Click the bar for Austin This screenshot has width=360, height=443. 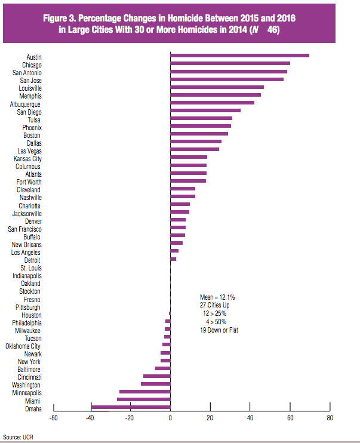(x=239, y=56)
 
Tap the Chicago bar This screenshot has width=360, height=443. (x=230, y=63)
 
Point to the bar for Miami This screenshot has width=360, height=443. (x=143, y=399)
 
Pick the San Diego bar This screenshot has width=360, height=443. (x=205, y=110)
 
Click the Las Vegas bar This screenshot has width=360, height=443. (x=195, y=149)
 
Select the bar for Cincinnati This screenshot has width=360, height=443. (x=156, y=376)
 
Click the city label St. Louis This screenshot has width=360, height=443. (x=31, y=268)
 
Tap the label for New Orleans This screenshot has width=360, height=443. (x=27, y=245)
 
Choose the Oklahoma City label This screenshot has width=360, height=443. (x=23, y=346)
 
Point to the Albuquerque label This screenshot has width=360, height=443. (x=25, y=104)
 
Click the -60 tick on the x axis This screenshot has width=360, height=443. (x=53, y=418)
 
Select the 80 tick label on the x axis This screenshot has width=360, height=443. (x=330, y=418)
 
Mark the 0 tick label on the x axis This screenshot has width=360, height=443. (x=170, y=418)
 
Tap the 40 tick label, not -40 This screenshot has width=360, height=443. (x=250, y=418)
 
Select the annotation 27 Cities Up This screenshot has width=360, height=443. (x=217, y=305)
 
